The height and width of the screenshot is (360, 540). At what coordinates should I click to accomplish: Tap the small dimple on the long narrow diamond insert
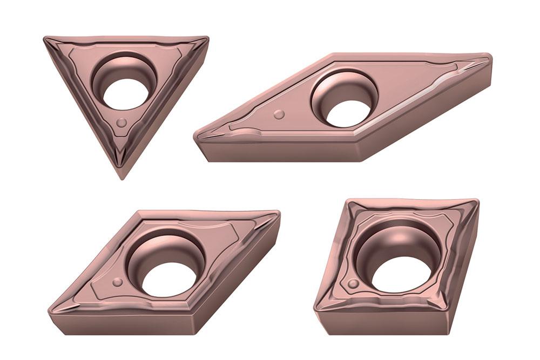point(279,114)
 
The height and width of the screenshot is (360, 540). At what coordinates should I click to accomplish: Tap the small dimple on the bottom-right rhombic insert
point(352,284)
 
